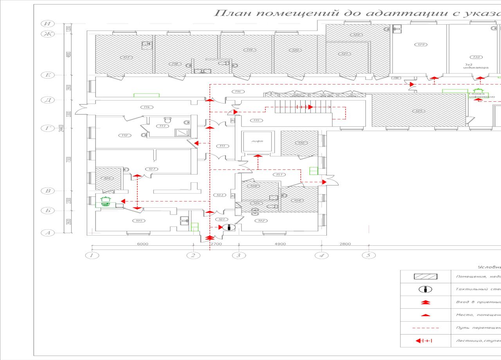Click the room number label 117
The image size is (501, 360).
[126, 58]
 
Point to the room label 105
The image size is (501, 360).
[138, 221]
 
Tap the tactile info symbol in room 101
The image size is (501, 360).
[229, 227]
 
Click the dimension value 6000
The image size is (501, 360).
[142, 244]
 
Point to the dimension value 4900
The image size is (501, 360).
[280, 244]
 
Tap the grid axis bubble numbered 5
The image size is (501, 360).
[368, 256]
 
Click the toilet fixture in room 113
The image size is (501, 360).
[168, 120]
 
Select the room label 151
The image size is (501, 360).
[278, 175]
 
